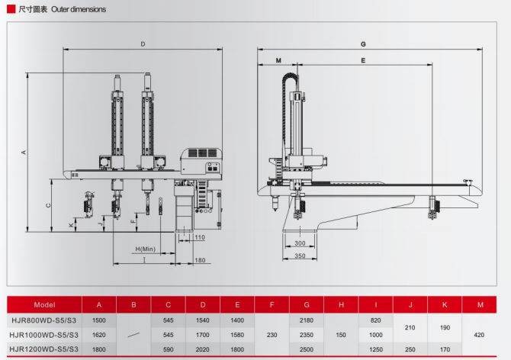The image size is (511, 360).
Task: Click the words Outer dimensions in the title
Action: [x=79, y=10]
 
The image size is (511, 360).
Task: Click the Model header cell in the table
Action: [x=45, y=305]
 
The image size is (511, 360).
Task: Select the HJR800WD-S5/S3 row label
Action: [x=45, y=320]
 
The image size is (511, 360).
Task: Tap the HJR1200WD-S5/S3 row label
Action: [x=45, y=349]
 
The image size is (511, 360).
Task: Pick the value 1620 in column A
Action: [x=98, y=335]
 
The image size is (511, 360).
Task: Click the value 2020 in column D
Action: [x=202, y=349]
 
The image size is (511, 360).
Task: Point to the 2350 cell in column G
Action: [x=306, y=335]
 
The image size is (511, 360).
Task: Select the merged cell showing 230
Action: [x=272, y=335]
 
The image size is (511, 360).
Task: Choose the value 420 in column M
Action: [x=480, y=335]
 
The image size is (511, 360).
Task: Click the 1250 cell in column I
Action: [x=375, y=349]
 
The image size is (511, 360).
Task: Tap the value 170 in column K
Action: [x=445, y=349]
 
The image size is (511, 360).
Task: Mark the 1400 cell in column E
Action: [x=237, y=320]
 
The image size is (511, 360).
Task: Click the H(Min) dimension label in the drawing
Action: [x=146, y=249]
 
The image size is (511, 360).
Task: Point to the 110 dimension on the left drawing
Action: [x=200, y=238]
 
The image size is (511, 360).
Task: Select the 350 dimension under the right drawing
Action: [x=300, y=256]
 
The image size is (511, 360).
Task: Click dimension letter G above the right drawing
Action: [x=363, y=44]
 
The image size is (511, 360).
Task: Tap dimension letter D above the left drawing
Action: [x=143, y=44]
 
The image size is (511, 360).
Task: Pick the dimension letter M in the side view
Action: [x=278, y=59]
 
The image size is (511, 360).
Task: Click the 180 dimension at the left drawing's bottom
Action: [x=200, y=262]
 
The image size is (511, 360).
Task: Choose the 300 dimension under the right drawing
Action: [x=300, y=243]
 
